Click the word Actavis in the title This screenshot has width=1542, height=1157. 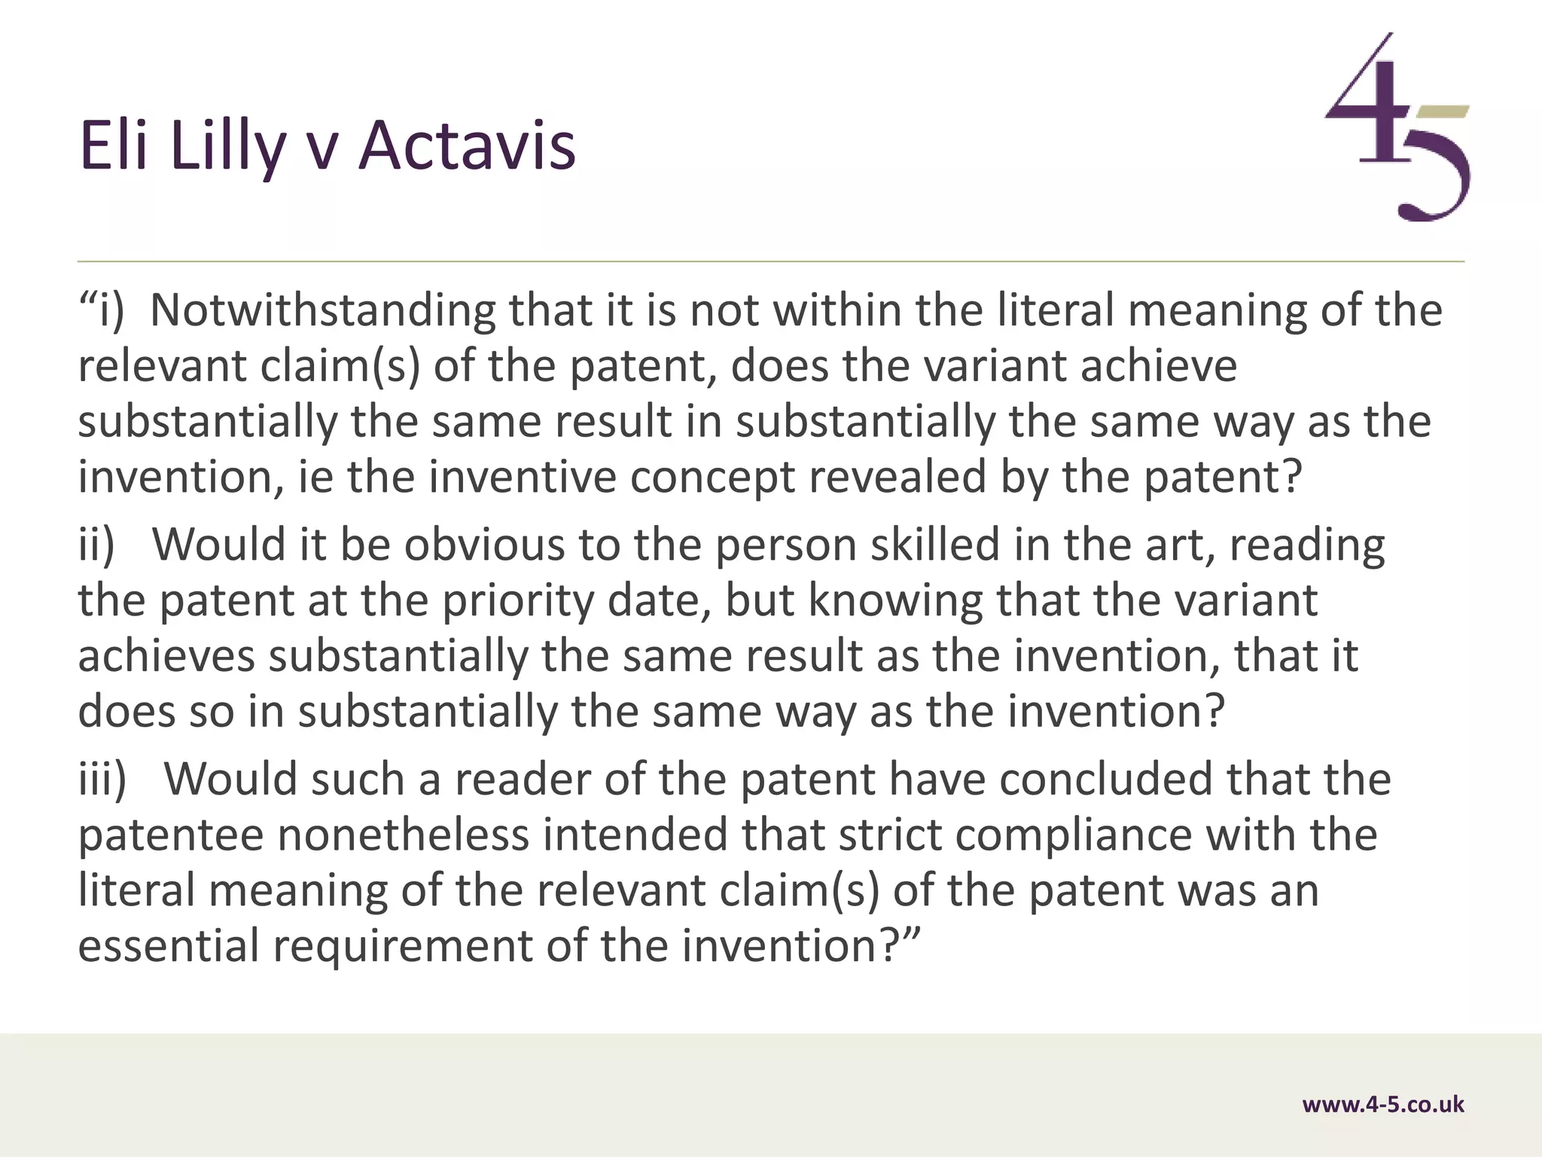coord(467,145)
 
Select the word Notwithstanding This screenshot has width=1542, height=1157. coord(322,310)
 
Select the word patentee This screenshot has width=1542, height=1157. coord(171,835)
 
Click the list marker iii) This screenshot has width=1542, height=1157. coord(103,779)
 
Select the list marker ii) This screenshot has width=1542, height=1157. coord(97,544)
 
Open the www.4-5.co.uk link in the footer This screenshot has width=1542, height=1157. coord(1383,1104)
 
